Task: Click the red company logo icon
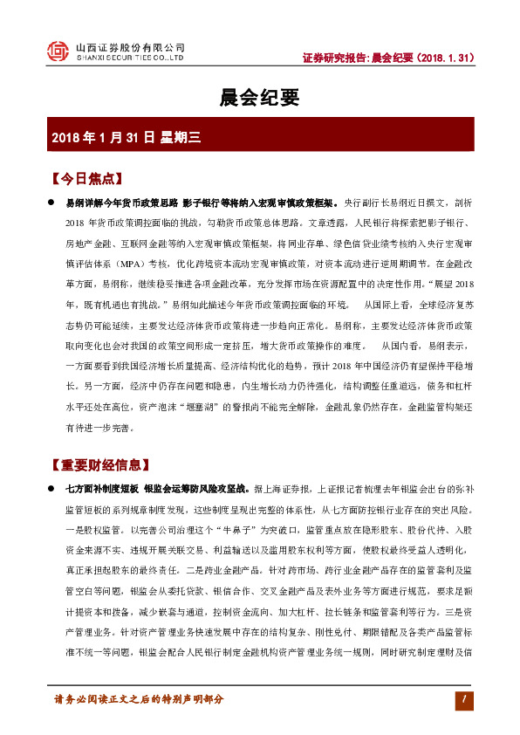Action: (56, 52)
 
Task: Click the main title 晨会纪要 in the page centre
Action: (259, 97)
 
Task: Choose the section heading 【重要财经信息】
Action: (100, 464)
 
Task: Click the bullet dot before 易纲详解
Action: (51, 201)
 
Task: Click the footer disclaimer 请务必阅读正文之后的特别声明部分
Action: (139, 699)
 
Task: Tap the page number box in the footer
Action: (465, 699)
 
